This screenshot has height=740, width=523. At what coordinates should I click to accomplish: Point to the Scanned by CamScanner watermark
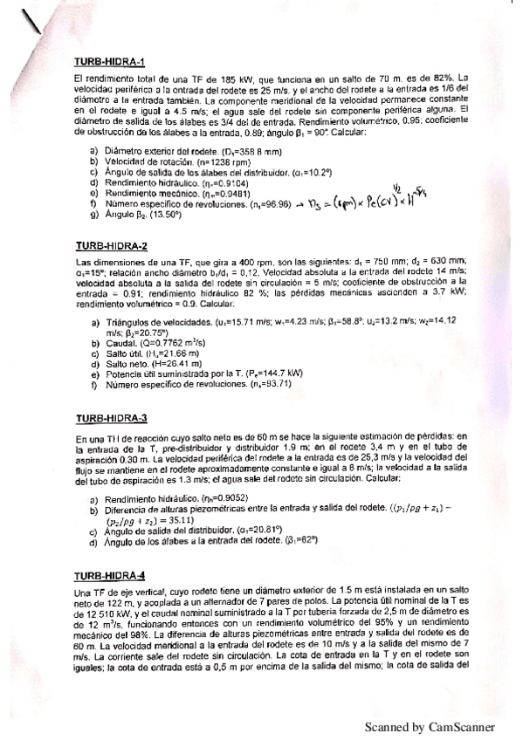(429, 727)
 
